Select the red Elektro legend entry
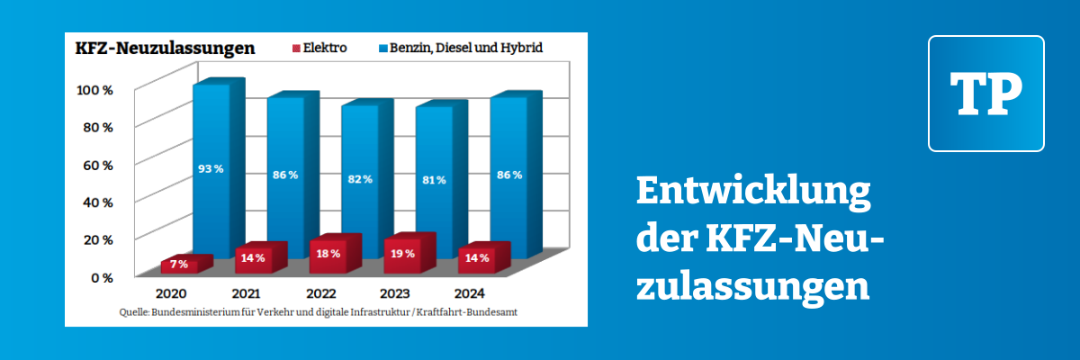(319, 47)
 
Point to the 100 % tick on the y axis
(94, 91)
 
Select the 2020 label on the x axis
(171, 294)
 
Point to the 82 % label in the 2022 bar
(360, 180)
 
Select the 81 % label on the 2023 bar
(435, 181)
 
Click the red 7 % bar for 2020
(180, 265)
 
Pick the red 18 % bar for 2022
(329, 254)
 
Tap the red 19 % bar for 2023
(403, 253)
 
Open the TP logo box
(985, 94)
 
